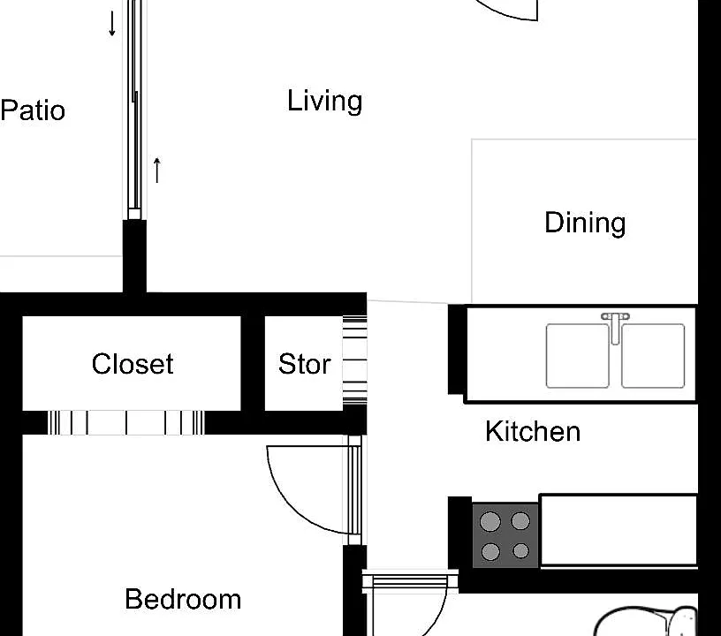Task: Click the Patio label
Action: point(33,110)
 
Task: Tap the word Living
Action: point(324,101)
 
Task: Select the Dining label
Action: point(585,223)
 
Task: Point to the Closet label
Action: point(133,364)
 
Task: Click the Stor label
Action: point(305,364)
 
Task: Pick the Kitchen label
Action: point(533,431)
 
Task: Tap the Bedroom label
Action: point(183,599)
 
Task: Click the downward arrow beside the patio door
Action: point(111,24)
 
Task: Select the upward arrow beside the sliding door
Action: point(156,170)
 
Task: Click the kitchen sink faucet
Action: point(615,327)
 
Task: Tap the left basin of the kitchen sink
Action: point(578,356)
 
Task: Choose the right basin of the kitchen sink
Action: point(653,356)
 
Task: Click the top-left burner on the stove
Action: point(490,521)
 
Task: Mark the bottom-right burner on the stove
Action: point(520,550)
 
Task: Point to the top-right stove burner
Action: point(520,521)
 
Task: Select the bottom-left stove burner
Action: point(490,551)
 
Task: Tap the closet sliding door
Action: point(126,422)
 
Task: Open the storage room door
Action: point(355,361)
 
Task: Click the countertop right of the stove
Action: point(619,530)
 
